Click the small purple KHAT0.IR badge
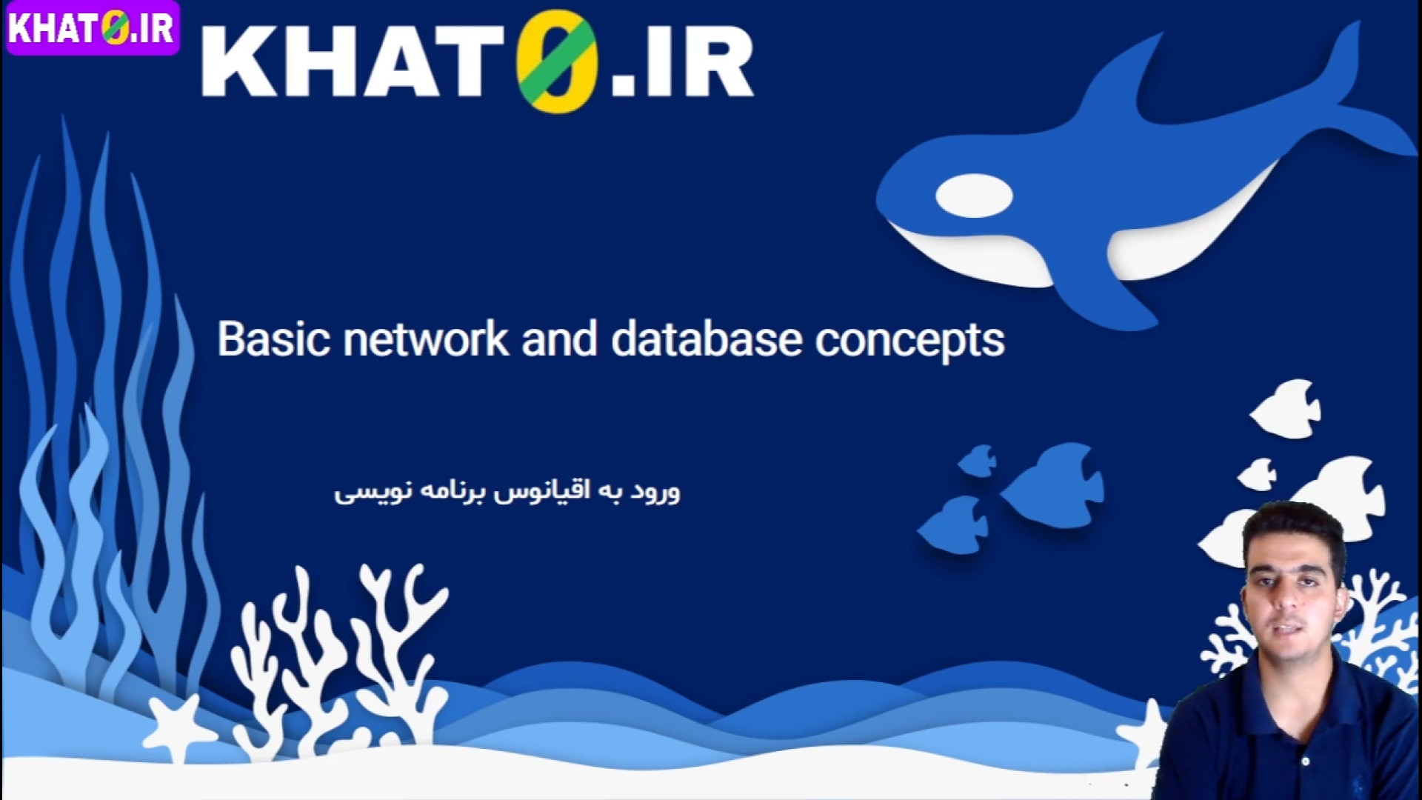tap(93, 28)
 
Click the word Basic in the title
tap(273, 339)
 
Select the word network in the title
tap(426, 339)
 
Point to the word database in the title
tap(707, 339)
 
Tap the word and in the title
tap(559, 339)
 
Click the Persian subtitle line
tap(507, 492)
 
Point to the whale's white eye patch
tap(974, 196)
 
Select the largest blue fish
tap(1052, 485)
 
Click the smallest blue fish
tap(978, 461)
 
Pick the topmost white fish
tap(1287, 408)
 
